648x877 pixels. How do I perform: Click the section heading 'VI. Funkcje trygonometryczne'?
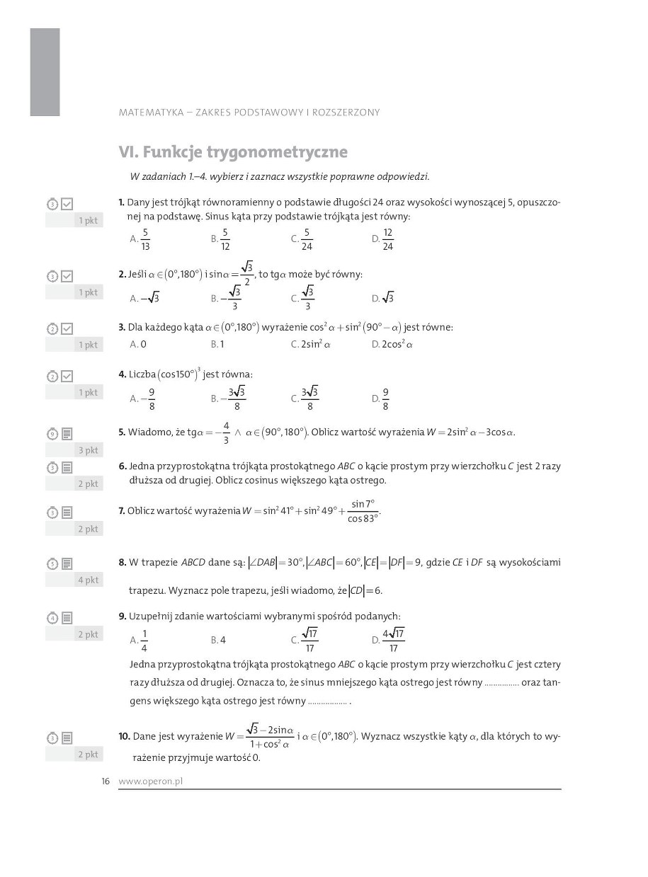click(x=233, y=152)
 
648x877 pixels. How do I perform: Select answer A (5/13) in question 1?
click(x=140, y=240)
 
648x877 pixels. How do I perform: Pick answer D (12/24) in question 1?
click(x=382, y=240)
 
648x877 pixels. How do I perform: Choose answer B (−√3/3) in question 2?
click(x=226, y=298)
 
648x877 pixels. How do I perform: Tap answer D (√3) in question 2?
click(x=383, y=298)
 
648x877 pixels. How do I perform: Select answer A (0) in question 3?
click(x=138, y=345)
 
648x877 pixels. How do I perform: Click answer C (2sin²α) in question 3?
click(x=311, y=345)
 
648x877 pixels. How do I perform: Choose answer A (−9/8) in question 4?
click(x=143, y=399)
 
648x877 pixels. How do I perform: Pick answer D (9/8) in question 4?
click(x=381, y=399)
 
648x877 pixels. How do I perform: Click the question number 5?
click(x=122, y=432)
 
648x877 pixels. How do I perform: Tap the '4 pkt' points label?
click(x=88, y=580)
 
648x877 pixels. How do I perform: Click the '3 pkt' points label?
click(x=88, y=450)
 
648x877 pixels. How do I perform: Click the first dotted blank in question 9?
click(x=502, y=684)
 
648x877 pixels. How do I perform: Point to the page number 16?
click(x=106, y=781)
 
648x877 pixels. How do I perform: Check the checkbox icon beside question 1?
click(x=67, y=204)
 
